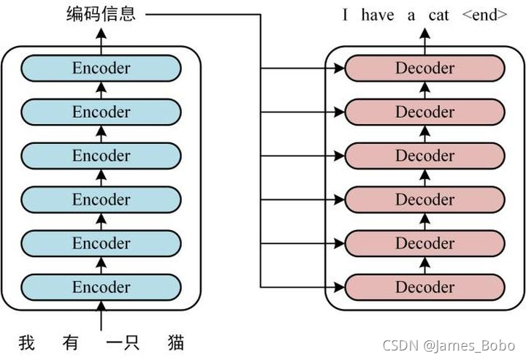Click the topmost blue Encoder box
[x=101, y=68]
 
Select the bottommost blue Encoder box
[x=101, y=287]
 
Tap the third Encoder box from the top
[x=101, y=156]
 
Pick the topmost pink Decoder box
[x=424, y=68]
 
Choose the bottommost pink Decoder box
[x=424, y=287]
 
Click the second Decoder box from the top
[x=424, y=112]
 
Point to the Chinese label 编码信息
[x=101, y=14]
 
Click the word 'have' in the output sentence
[x=377, y=15]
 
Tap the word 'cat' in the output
[x=439, y=15]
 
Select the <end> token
[x=484, y=15]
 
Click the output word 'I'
[x=346, y=15]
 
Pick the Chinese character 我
[x=26, y=342]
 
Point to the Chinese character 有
[x=70, y=342]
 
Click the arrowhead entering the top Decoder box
[x=338, y=69]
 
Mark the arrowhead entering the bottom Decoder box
[x=338, y=288]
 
